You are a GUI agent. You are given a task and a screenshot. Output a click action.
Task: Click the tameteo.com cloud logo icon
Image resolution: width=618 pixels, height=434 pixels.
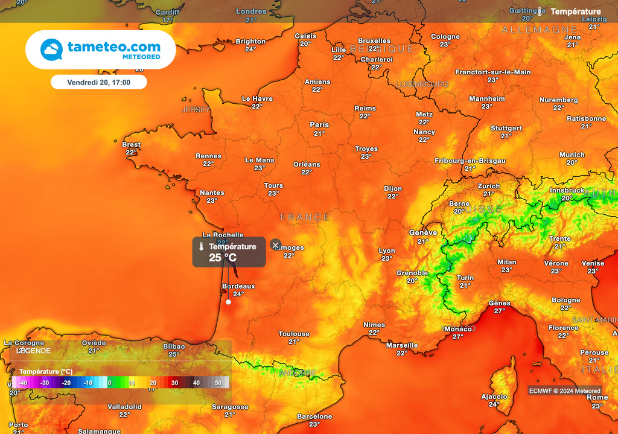pos(51,49)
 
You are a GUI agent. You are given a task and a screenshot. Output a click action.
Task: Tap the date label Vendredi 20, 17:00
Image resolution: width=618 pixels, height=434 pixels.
pos(98,81)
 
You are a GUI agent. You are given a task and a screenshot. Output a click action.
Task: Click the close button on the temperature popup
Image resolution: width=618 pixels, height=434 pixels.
pos(276,244)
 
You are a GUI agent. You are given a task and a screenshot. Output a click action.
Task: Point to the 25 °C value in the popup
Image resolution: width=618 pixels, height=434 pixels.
pos(223,258)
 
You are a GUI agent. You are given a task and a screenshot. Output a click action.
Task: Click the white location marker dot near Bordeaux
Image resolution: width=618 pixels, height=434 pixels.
pos(228,302)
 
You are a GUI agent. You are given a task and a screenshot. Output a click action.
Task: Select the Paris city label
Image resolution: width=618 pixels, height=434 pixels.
pos(319,125)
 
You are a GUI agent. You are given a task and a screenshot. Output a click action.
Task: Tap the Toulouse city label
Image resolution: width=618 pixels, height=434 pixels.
pos(294,334)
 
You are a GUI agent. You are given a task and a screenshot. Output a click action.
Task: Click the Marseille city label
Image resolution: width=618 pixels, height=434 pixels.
pos(402,345)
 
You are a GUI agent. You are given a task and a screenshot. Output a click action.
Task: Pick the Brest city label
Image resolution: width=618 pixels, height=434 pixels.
pos(131,144)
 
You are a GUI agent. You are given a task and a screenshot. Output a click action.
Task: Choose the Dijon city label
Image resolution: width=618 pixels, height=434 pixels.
pos(393,188)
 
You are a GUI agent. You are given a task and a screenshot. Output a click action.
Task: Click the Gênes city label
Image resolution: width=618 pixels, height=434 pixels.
pos(499,303)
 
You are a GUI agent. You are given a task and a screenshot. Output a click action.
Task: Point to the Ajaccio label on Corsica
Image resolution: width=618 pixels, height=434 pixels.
pos(494,397)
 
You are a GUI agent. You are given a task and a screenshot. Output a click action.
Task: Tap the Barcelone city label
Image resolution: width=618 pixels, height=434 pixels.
pos(314,416)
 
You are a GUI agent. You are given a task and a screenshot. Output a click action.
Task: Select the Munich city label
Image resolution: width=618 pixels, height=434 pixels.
pos(572,155)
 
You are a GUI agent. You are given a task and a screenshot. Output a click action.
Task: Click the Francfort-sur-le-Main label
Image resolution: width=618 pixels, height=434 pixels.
pos(493,72)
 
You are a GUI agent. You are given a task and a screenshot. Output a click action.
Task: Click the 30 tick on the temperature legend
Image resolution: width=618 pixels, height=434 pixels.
pos(174,383)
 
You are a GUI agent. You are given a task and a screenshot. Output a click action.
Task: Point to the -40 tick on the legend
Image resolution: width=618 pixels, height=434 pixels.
pos(22,383)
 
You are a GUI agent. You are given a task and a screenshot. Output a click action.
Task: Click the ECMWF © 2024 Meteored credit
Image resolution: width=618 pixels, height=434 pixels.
pos(565,391)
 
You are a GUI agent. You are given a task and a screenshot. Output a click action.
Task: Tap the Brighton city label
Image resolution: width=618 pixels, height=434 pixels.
pos(250,42)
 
